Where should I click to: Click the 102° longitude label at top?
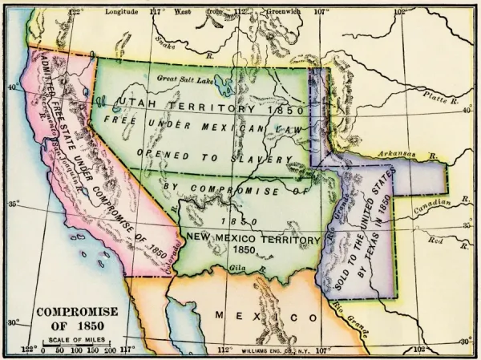pyautogui.click(x=398, y=12)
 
